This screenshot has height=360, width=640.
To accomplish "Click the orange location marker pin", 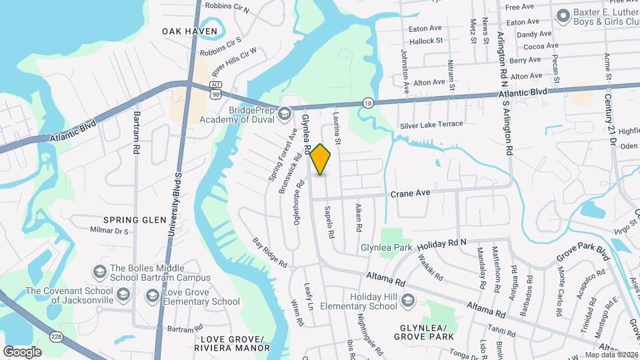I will point(321,159).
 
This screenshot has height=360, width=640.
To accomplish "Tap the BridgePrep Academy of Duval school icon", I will point(285,115).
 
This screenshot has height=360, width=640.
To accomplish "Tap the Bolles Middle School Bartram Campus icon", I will point(99,271).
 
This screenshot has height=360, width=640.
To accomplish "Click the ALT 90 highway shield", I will point(215,90).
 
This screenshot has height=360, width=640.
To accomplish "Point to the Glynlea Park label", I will point(387,247).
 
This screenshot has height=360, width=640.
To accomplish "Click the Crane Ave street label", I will point(411,193).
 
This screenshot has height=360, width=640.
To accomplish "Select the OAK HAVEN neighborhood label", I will point(181,31).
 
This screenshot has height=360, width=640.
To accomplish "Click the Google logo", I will point(22,351).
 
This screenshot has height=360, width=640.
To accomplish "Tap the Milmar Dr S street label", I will point(109,231).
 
